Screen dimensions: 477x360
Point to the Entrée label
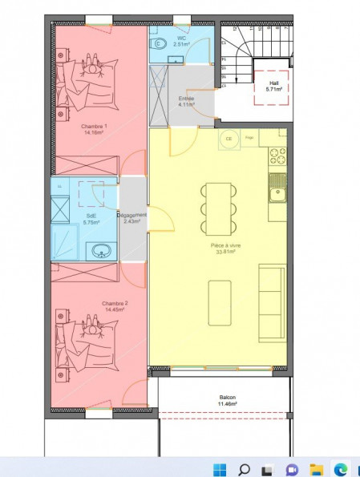tap(185, 100)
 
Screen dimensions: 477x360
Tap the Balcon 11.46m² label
tap(229, 401)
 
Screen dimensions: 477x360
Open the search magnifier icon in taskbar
tap(244, 468)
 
